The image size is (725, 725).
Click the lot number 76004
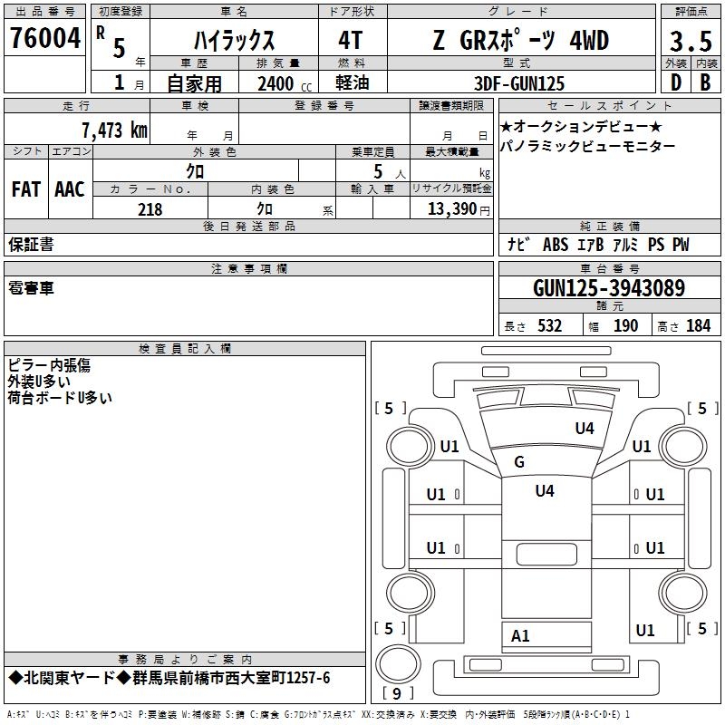pos(44,40)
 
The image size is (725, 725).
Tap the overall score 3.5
pos(690,41)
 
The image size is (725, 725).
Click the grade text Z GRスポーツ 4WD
pos(520,41)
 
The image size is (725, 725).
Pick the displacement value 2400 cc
pos(280,84)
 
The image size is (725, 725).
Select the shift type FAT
pos(25,188)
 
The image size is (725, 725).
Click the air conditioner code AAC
pos(70,188)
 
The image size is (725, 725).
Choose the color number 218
pos(150,209)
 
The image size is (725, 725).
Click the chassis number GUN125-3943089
pos(608,289)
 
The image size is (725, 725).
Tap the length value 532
pos(548,326)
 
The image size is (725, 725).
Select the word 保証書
pos(31,244)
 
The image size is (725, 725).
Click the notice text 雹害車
pos(31,288)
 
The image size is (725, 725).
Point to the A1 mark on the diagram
pos(520,636)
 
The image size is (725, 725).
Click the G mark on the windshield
pos(519,462)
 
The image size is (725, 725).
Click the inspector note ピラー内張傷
pos(49,365)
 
